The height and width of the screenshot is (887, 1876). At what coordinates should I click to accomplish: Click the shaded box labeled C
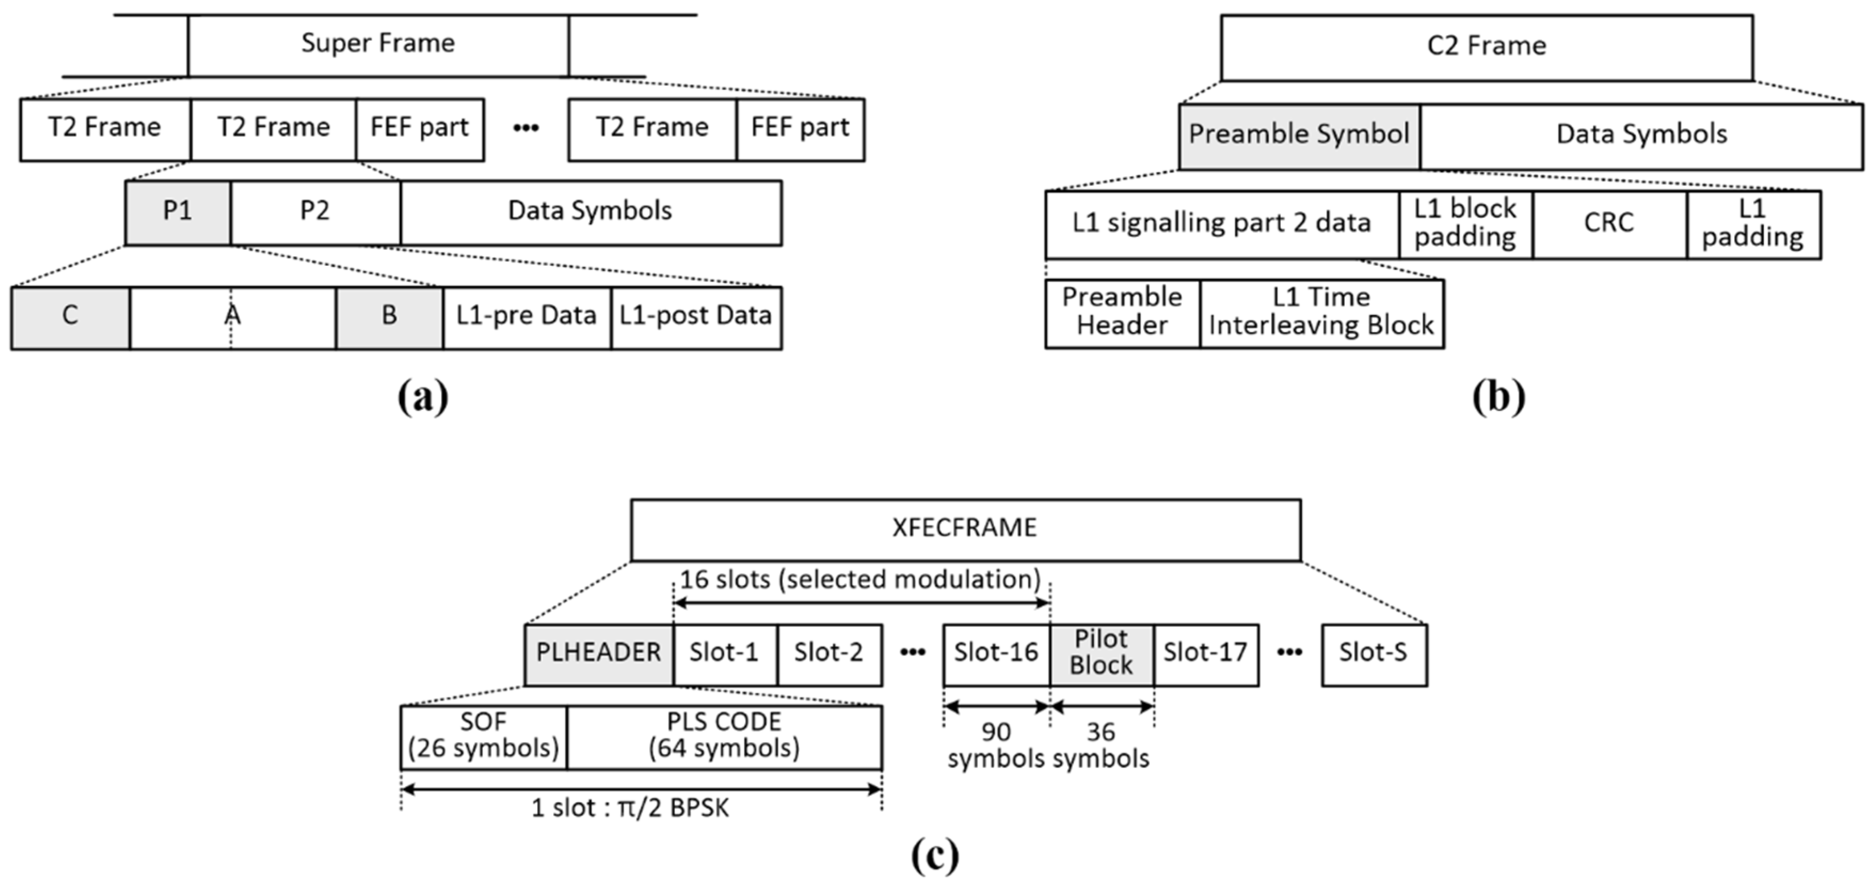pyautogui.click(x=70, y=318)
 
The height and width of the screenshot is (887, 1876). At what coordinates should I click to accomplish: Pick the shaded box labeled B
pyautogui.click(x=389, y=318)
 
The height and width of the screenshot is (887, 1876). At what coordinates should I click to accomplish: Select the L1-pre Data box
pyautogui.click(x=526, y=318)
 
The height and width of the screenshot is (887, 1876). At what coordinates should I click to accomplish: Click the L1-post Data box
pyautogui.click(x=695, y=318)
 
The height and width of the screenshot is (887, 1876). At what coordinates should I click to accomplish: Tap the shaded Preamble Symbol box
pyautogui.click(x=1299, y=136)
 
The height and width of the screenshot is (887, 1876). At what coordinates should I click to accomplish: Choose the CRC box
pyautogui.click(x=1609, y=224)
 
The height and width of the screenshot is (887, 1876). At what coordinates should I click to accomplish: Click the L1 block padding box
pyautogui.click(x=1465, y=224)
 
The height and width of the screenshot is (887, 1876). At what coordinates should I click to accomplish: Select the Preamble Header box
pyautogui.click(x=1121, y=313)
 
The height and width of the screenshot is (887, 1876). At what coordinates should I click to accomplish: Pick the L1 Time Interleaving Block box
pyautogui.click(x=1321, y=313)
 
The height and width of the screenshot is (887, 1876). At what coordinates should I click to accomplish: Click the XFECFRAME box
pyautogui.click(x=965, y=529)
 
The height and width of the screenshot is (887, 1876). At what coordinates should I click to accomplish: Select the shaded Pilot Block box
pyautogui.click(x=1101, y=654)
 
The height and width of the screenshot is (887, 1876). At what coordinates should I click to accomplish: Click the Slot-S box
pyautogui.click(x=1374, y=654)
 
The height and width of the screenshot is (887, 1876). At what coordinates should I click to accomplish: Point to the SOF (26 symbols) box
pyautogui.click(x=483, y=736)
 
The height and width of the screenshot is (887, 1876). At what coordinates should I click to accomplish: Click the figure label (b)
pyautogui.click(x=1498, y=397)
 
